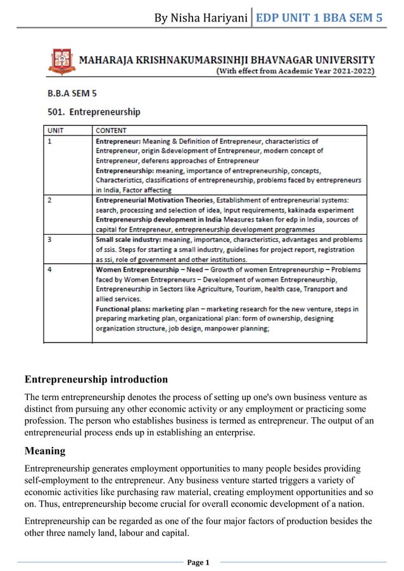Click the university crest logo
pos(61,62)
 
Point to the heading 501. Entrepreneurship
pos(94,112)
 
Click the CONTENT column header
pos(111,131)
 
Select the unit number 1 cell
pos(50,141)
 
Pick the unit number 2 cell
pos(50,200)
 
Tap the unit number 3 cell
pos(50,240)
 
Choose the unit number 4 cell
pos(50,270)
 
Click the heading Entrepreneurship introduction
pos(96,380)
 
